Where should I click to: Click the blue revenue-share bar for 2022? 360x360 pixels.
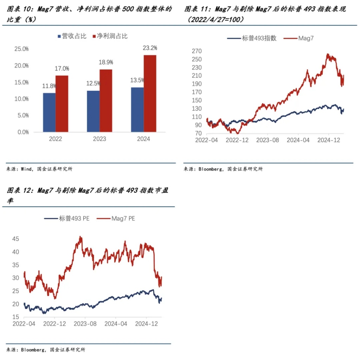tap(49, 112)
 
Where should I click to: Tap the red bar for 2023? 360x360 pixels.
tap(106, 100)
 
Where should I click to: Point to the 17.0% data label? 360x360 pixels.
tap(62, 69)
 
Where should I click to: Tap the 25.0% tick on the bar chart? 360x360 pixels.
tap(21, 49)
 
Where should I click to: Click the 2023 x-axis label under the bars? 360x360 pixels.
tap(99, 139)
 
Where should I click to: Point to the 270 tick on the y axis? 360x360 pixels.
tap(197, 51)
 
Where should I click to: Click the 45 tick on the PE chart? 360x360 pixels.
tap(15, 239)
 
